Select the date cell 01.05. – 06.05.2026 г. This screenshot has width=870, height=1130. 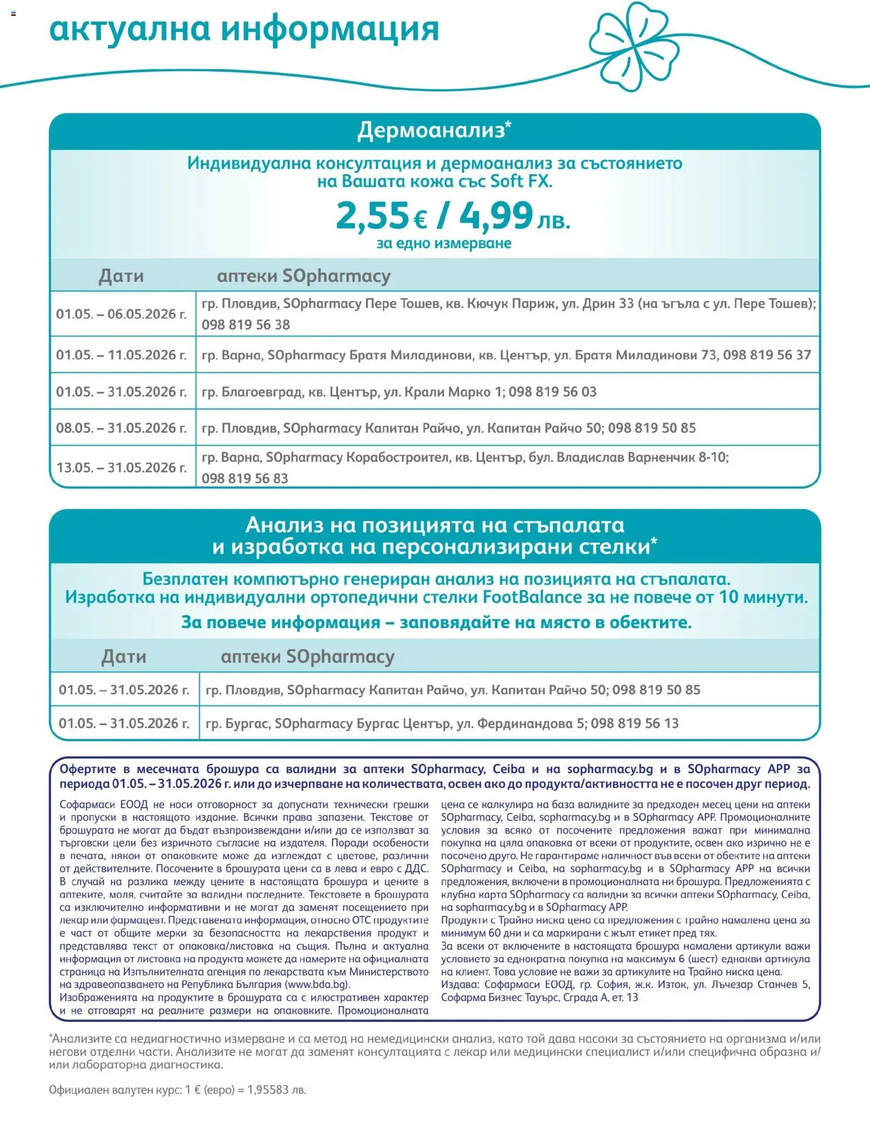(x=121, y=314)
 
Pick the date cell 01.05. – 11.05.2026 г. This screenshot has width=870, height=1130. (x=121, y=355)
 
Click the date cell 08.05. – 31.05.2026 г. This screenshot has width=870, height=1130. (x=121, y=428)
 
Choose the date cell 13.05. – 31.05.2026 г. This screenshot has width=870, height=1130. (x=121, y=467)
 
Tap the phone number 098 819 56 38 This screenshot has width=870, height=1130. (x=246, y=324)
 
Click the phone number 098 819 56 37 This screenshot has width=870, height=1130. (x=767, y=355)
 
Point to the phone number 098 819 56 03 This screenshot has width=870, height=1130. (x=552, y=391)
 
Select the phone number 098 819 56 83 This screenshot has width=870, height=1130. (x=245, y=478)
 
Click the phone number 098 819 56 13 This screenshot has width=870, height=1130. (x=635, y=723)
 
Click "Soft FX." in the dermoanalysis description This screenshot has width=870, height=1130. (x=521, y=181)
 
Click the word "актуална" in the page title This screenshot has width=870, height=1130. (x=130, y=29)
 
